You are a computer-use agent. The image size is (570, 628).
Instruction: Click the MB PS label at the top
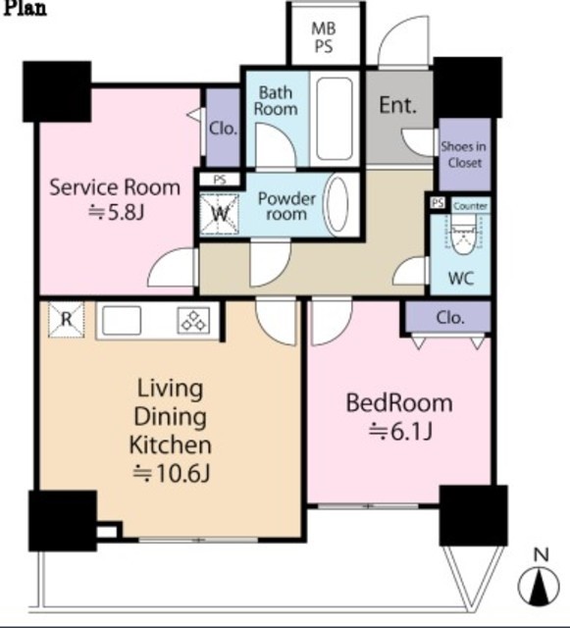(x=324, y=37)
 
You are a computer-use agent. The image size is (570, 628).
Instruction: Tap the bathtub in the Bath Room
(x=335, y=119)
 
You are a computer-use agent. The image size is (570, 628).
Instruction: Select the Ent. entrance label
(x=397, y=105)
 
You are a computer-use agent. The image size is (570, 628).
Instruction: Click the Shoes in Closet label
(x=464, y=155)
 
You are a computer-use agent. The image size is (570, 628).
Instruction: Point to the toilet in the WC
(x=464, y=235)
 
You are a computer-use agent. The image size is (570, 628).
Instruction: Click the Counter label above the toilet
(x=470, y=206)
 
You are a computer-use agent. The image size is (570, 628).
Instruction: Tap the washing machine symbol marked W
(x=219, y=214)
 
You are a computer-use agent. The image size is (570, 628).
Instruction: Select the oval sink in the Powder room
(x=337, y=204)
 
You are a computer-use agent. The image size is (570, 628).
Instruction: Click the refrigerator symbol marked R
(x=66, y=319)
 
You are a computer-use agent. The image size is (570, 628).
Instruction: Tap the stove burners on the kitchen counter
(x=194, y=321)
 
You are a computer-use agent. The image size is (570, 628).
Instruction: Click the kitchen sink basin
(x=122, y=321)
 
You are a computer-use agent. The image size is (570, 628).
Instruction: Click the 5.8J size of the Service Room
(x=115, y=213)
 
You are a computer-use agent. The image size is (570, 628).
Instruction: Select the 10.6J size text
(x=171, y=473)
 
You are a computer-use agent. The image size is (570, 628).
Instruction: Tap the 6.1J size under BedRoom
(x=399, y=432)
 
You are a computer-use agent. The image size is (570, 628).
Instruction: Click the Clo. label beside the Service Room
(x=223, y=129)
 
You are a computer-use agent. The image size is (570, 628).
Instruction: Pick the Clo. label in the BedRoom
(x=450, y=318)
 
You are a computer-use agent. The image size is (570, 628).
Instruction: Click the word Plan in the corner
(x=25, y=8)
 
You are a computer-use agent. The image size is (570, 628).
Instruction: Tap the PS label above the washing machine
(x=220, y=180)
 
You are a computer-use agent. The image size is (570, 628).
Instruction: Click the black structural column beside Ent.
(x=467, y=87)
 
